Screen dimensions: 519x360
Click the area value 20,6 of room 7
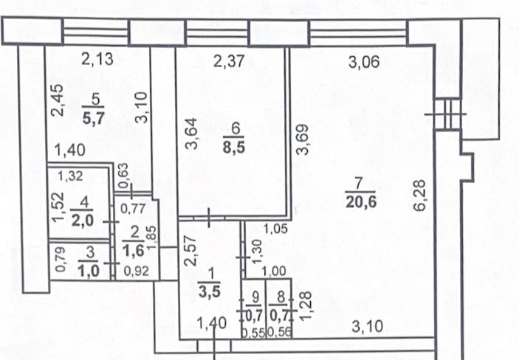coord(361,202)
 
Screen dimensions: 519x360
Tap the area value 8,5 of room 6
coord(234,147)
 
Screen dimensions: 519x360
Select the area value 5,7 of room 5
coord(94,117)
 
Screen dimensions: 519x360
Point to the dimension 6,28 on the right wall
coord(419,195)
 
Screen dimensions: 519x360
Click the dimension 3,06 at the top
coord(364,62)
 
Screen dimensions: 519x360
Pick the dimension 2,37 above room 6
coord(229,61)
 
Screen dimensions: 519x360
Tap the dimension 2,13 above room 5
coord(97,59)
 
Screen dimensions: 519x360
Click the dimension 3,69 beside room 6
coord(302,139)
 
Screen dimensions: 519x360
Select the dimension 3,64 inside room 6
coord(191,134)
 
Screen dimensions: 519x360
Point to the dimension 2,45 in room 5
coord(58,100)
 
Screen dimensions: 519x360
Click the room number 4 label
coord(84,202)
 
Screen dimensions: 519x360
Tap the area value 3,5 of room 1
coord(209,292)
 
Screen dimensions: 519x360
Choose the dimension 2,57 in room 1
coord(190,251)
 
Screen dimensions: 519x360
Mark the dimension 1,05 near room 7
coord(275,229)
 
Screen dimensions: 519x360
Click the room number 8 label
coord(281,297)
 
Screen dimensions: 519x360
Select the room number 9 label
coord(255,297)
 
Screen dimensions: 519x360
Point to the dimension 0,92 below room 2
coord(137,271)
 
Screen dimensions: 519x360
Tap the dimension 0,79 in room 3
coord(61,260)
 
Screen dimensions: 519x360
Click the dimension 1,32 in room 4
coord(70,176)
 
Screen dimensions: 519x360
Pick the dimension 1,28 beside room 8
coord(306,305)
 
